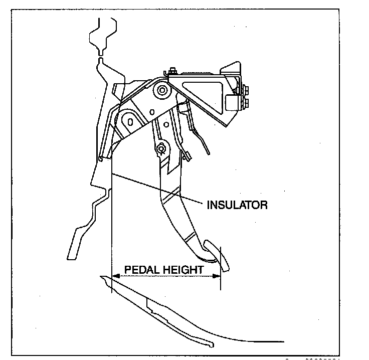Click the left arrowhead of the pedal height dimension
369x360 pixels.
(x=114, y=275)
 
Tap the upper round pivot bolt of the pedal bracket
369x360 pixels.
(x=162, y=90)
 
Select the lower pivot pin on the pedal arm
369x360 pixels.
(x=161, y=148)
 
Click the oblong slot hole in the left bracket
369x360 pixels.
(x=130, y=121)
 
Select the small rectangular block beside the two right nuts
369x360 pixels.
(x=233, y=102)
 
